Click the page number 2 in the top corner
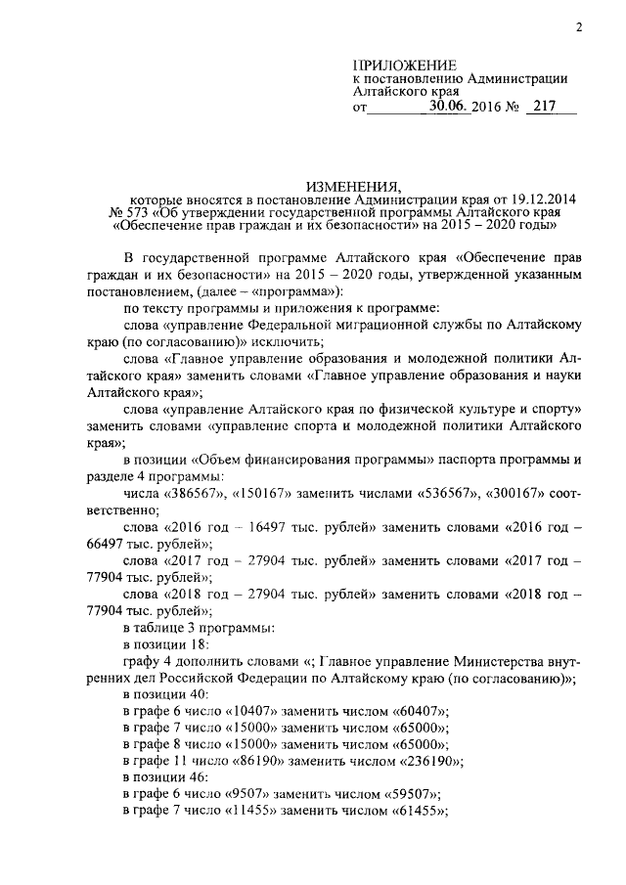click(x=579, y=27)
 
